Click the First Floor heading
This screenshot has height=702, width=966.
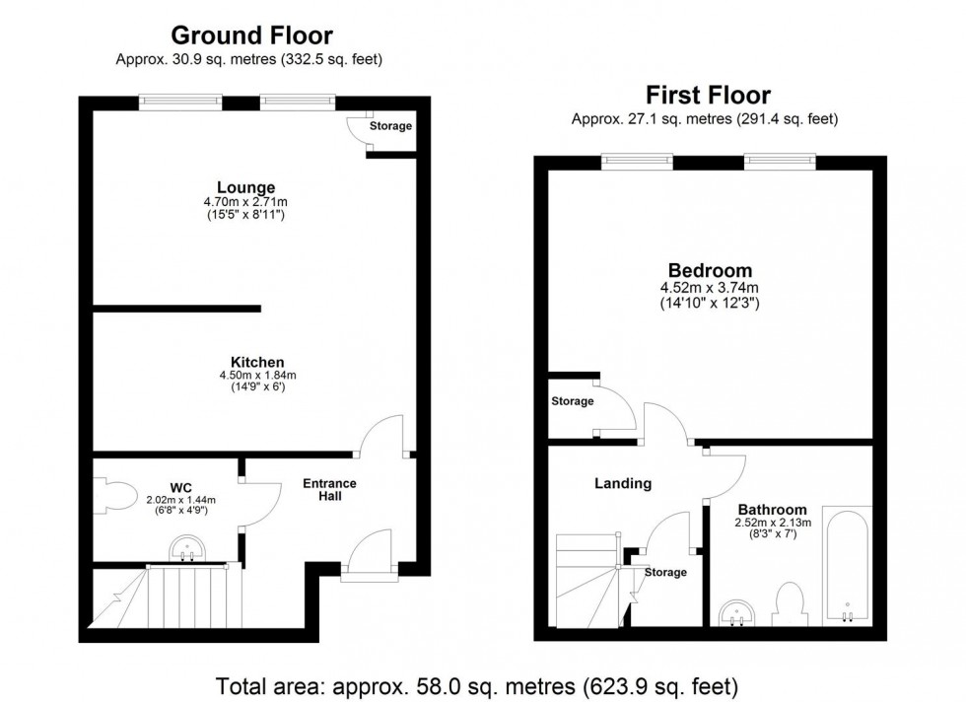pos(707,96)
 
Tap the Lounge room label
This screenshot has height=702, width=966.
pos(246,187)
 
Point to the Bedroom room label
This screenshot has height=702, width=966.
pos(710,270)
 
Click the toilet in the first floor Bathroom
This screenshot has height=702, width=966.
pos(790,604)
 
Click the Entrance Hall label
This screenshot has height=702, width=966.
pos(329,490)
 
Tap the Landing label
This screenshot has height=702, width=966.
pos(622,483)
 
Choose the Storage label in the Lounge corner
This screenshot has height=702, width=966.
pos(390,126)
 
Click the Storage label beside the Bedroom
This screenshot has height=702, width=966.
pos(573,401)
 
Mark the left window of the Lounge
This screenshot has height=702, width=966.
pos(180,100)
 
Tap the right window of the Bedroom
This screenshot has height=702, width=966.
pos(780,159)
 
